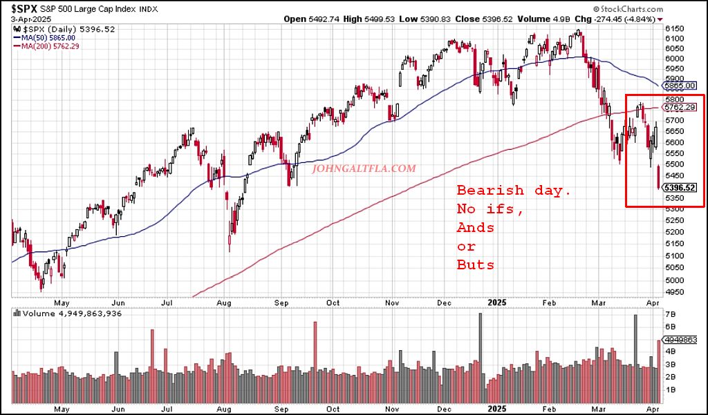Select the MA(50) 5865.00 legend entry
(x=48, y=37)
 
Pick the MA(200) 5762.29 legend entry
(x=50, y=46)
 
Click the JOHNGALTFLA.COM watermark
(x=365, y=168)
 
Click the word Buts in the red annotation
(x=476, y=264)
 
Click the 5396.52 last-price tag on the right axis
(x=678, y=187)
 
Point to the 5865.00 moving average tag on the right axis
(x=680, y=86)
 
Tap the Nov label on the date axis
(x=392, y=302)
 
